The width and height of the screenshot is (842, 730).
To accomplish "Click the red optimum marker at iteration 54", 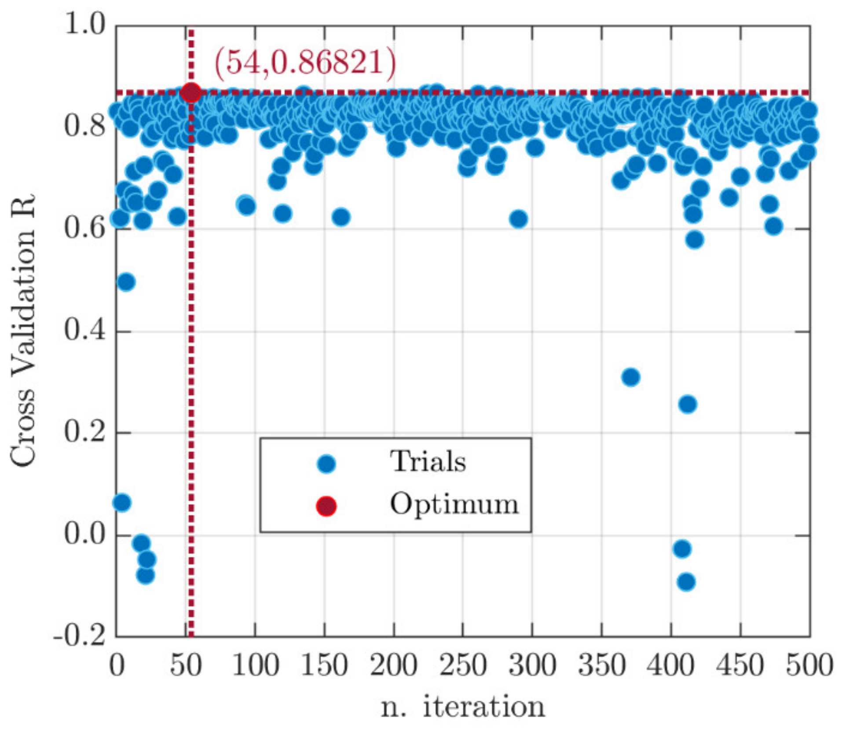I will pyautogui.click(x=191, y=92).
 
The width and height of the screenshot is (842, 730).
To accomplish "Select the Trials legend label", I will pyautogui.click(x=428, y=462).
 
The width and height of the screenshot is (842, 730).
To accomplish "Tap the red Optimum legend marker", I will pyautogui.click(x=326, y=506).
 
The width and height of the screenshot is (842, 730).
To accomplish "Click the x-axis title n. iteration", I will pyautogui.click(x=462, y=707).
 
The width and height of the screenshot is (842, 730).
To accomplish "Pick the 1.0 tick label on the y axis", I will pyautogui.click(x=85, y=24).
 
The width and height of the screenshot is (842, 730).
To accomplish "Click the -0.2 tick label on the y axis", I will pyautogui.click(x=80, y=635).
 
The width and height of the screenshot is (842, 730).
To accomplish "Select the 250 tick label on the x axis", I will pyautogui.click(x=463, y=665).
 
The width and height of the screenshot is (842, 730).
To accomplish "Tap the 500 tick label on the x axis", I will pyautogui.click(x=809, y=665).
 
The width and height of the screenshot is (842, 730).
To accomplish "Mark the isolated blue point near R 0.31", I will pyautogui.click(x=630, y=377).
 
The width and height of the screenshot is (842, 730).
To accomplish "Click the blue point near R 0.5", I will pyautogui.click(x=126, y=281).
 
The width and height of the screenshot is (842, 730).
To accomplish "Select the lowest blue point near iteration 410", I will pyautogui.click(x=686, y=582).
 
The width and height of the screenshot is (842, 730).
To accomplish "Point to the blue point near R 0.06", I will pyautogui.click(x=122, y=502).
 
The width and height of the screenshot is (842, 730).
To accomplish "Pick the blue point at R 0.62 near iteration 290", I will pyautogui.click(x=518, y=219).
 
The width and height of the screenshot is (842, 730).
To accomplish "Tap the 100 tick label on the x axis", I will pyautogui.click(x=255, y=665).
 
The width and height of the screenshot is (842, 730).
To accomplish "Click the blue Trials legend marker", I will pyautogui.click(x=326, y=464).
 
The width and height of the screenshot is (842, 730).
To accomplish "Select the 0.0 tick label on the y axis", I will pyautogui.click(x=85, y=534).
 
